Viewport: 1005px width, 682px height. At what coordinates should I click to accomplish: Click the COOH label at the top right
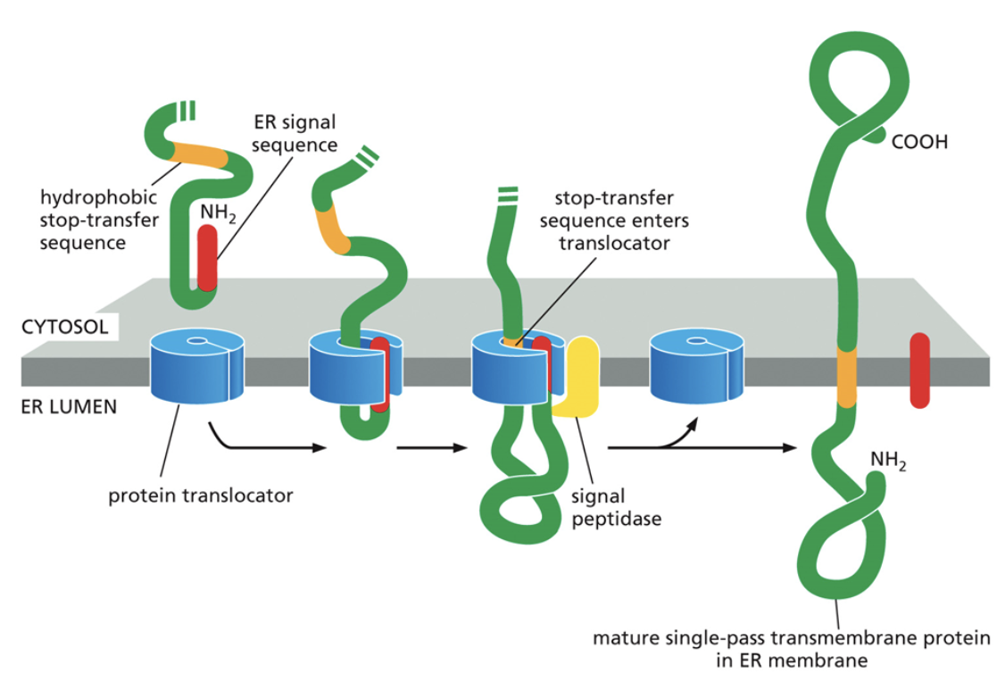click(x=920, y=142)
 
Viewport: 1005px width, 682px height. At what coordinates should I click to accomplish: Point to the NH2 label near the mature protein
click(x=888, y=461)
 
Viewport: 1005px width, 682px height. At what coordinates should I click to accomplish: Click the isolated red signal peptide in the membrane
click(x=919, y=370)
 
